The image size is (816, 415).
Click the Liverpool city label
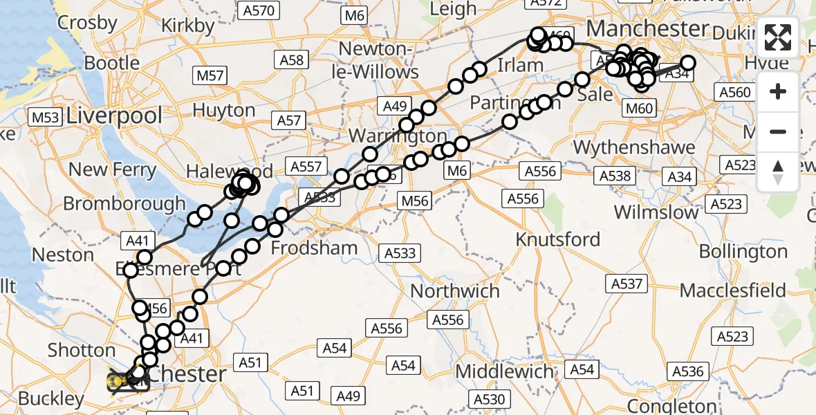tap(115, 116)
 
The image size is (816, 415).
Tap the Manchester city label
tap(647, 29)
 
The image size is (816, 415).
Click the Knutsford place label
tap(559, 239)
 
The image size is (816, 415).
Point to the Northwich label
tap(455, 290)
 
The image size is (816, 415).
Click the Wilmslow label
tap(656, 212)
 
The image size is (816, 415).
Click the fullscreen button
tap(778, 37)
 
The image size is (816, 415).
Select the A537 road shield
tap(627, 283)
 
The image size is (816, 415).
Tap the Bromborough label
tap(124, 203)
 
